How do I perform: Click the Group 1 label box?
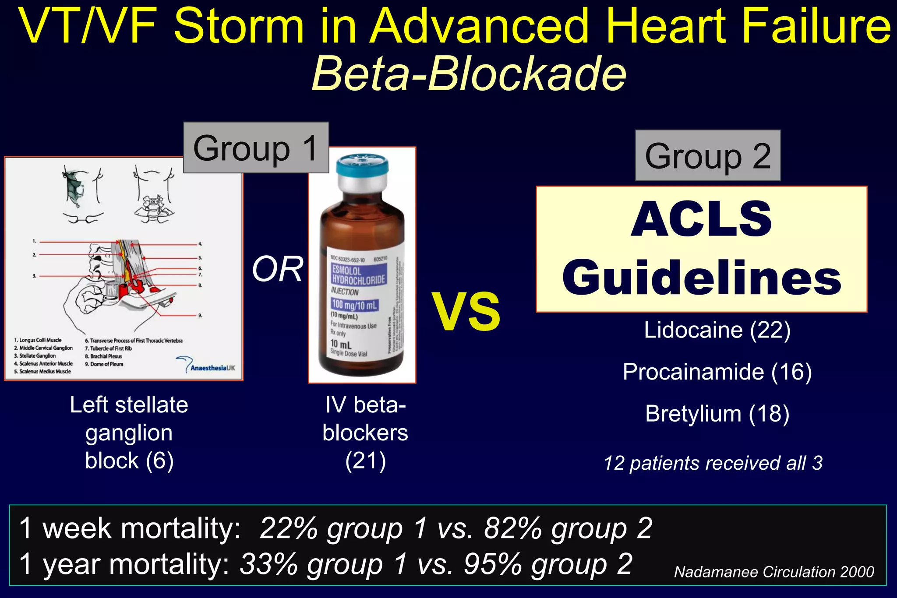point(256,148)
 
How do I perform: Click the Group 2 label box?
point(707,156)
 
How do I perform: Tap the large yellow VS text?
point(466,312)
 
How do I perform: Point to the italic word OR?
point(277,269)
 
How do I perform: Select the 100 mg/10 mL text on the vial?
point(354,305)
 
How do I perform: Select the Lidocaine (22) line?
point(717,330)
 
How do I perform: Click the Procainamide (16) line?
point(717,372)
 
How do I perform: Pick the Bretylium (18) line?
point(717,414)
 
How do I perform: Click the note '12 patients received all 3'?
point(713,463)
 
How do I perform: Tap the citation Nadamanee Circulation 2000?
point(774,572)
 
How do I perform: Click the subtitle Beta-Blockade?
point(469,74)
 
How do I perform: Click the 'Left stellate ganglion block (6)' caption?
point(129,433)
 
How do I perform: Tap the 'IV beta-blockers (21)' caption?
point(365,433)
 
